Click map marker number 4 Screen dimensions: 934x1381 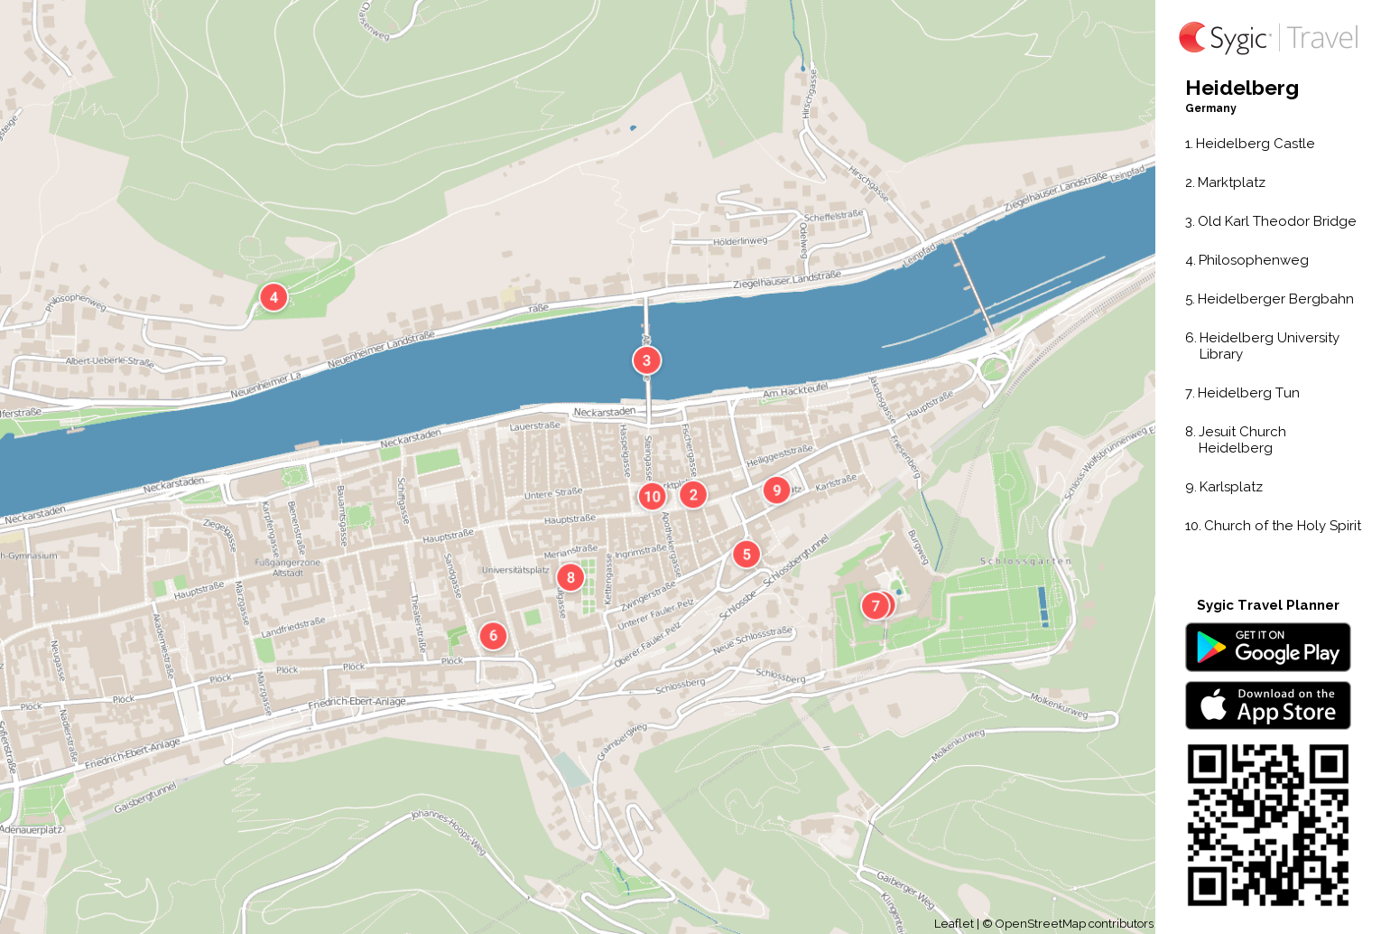point(273,297)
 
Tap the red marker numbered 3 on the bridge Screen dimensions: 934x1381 point(646,360)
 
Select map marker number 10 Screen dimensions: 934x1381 point(652,496)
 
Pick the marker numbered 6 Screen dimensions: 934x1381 point(493,635)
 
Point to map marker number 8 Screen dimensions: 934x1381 point(570,577)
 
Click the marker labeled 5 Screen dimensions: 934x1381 point(746,554)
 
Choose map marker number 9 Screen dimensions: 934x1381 point(776,490)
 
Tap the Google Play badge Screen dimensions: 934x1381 point(1267,647)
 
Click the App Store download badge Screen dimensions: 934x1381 point(1267,705)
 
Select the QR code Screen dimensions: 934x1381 point(1267,825)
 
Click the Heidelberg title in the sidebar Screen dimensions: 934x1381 point(1242,88)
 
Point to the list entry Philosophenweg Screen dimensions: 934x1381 point(1253,260)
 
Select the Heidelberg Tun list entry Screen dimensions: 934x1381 point(1248,393)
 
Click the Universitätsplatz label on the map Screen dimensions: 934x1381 point(515,570)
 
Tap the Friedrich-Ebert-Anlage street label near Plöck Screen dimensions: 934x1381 point(357,702)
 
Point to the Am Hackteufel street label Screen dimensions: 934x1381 point(795,390)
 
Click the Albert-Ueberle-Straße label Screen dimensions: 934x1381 point(109,361)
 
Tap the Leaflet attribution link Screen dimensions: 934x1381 point(953,923)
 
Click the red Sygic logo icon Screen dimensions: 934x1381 point(1192,37)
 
